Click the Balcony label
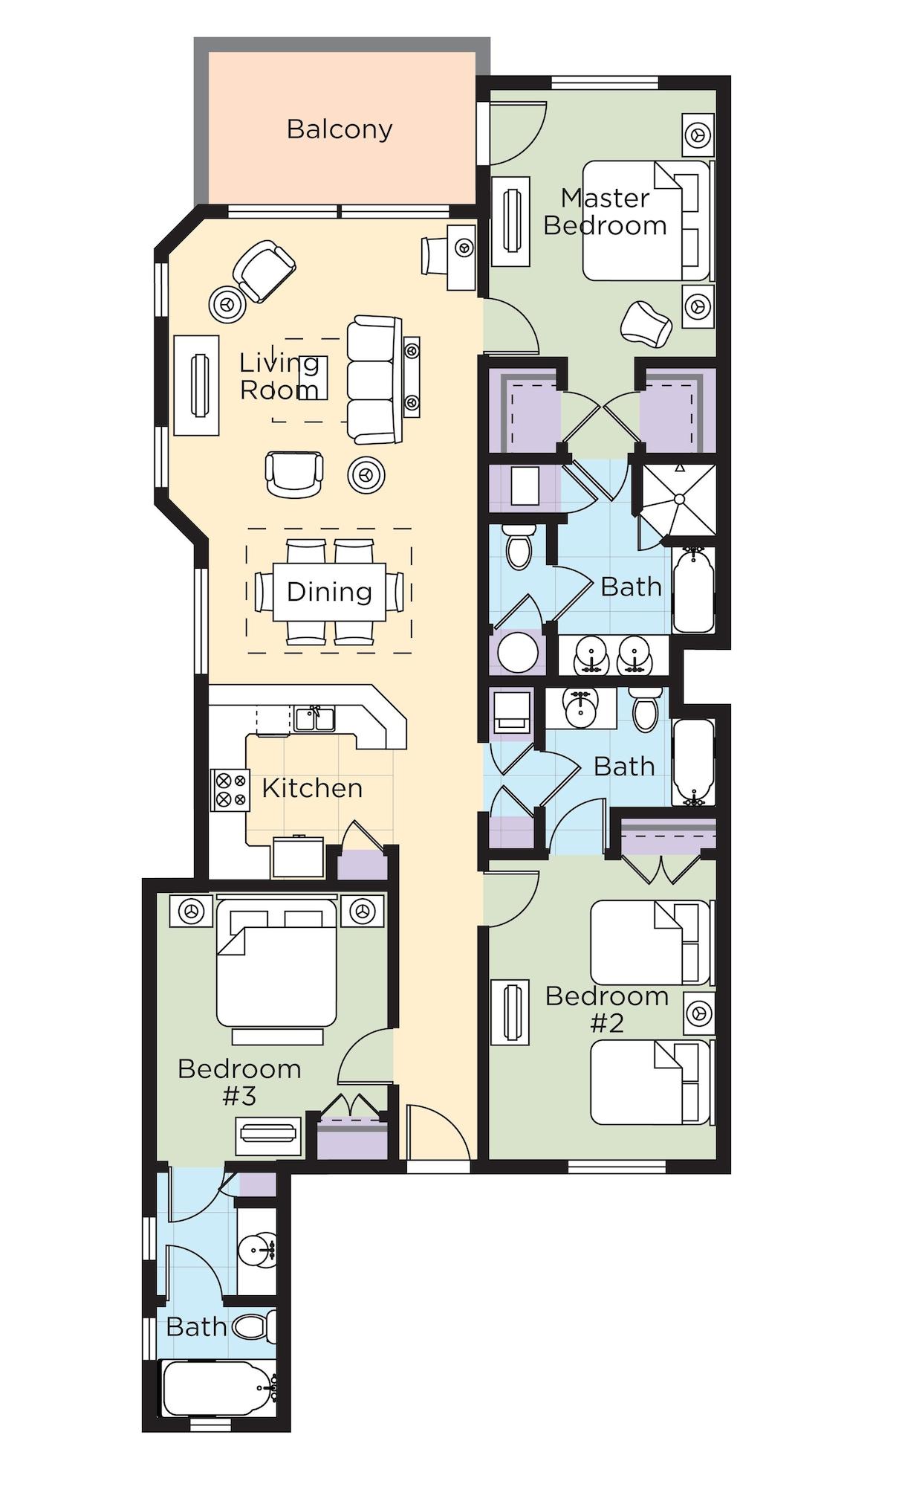pos(340,129)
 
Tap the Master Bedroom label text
pos(605,212)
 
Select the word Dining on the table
pos(329,592)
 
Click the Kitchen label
pos(312,788)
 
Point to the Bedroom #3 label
pos(239,1082)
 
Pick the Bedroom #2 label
pos(607,1009)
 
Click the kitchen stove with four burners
pos(230,790)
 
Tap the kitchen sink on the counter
pos(314,719)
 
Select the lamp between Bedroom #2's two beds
pos(698,1013)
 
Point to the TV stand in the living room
pos(197,385)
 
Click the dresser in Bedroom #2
pos(510,1011)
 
